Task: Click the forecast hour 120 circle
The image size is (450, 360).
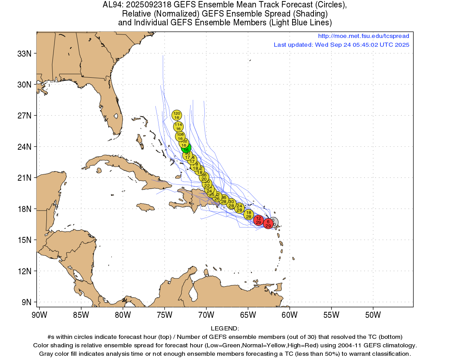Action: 177,115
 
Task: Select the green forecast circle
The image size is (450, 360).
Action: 186,148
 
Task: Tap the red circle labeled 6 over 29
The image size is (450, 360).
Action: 268,224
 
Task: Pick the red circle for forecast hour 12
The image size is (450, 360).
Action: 259,220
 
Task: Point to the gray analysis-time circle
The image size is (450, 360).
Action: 274,222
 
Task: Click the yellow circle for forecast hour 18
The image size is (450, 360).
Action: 249,214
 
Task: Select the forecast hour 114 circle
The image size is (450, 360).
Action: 178,127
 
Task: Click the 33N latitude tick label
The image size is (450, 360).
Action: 24,54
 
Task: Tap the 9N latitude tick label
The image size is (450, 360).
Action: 26,302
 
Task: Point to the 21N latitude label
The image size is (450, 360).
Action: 24,178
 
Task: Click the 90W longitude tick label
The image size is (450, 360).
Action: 39,315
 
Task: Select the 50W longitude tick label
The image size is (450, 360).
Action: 373,315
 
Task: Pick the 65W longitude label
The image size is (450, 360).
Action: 248,315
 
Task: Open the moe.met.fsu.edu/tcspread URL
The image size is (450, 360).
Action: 364,36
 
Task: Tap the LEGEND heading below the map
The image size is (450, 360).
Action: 225,328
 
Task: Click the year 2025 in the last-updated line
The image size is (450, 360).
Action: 402,45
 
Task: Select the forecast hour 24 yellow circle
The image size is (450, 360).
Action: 239,208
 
